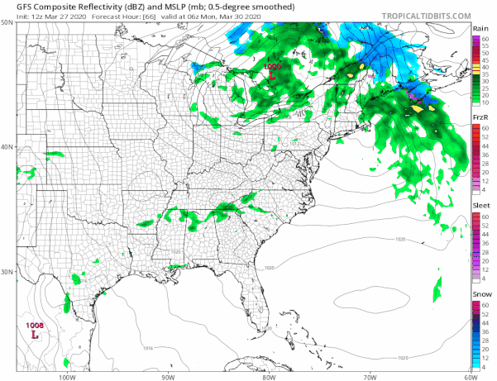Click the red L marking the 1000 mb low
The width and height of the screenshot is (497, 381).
[273, 75]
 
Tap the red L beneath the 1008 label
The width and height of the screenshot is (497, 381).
[34, 336]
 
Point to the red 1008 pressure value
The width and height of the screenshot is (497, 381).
[35, 326]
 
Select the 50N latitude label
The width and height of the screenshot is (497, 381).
[7, 23]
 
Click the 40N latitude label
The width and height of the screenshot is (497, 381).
[7, 147]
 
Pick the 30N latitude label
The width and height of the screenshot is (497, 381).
[7, 272]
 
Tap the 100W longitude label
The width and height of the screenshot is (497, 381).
[66, 377]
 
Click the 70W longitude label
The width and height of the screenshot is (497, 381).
[369, 377]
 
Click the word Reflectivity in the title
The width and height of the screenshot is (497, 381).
[79, 7]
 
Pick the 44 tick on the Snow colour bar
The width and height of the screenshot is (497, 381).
[488, 323]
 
